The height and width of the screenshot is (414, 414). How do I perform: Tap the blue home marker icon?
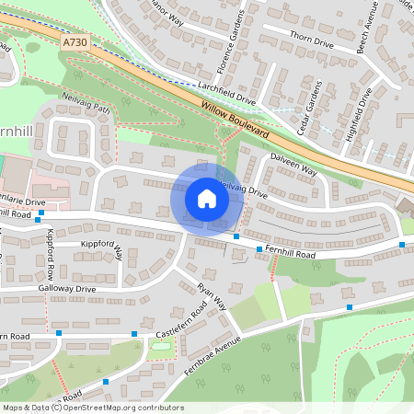207,199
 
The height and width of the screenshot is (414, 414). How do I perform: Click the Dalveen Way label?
294,165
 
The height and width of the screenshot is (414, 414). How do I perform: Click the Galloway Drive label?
67,289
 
